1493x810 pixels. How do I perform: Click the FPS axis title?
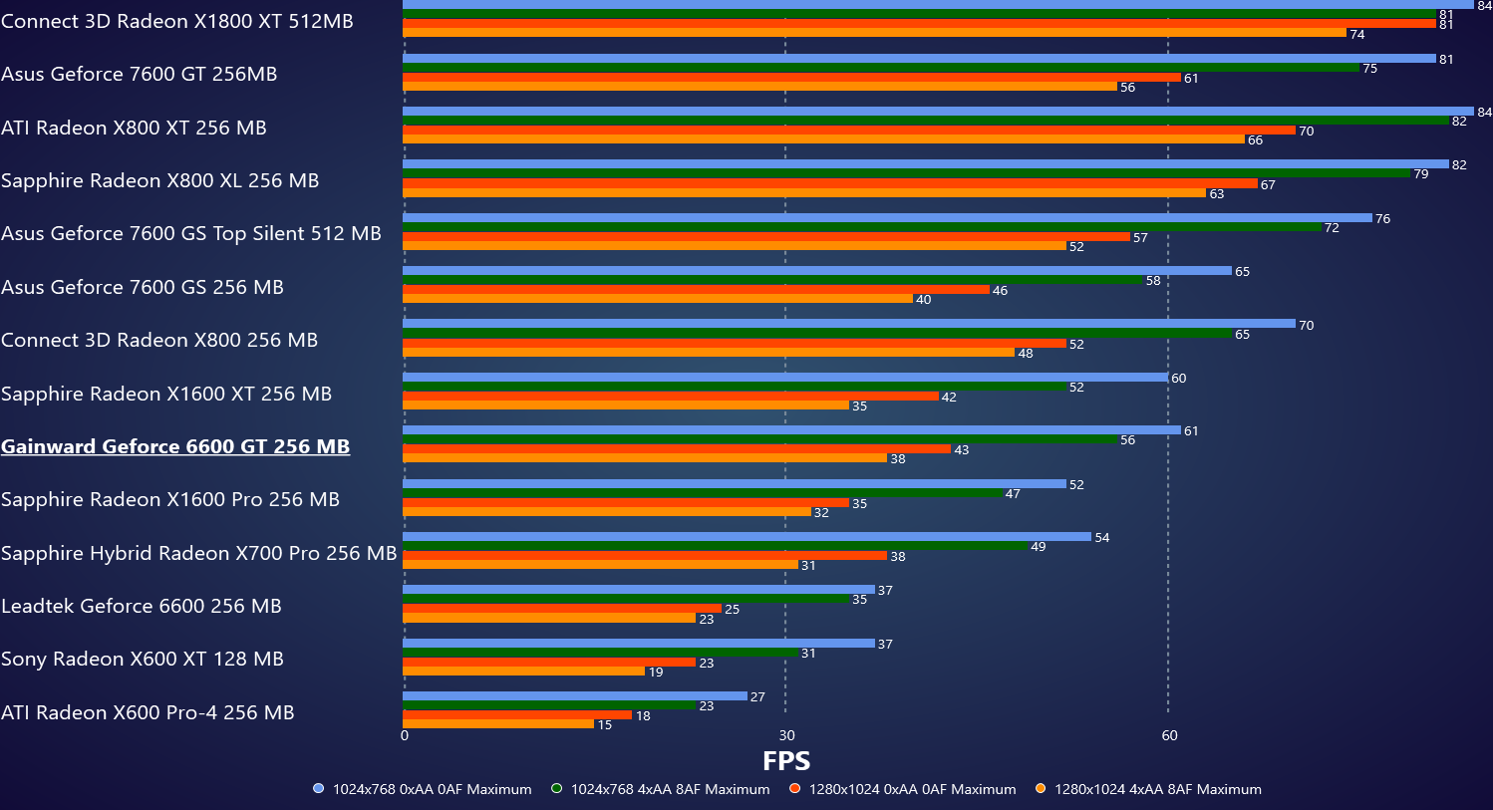(x=785, y=761)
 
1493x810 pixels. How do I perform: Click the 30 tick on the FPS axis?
(x=786, y=736)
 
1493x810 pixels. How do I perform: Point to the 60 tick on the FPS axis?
(x=1169, y=736)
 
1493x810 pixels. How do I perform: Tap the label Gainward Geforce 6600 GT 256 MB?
(x=175, y=446)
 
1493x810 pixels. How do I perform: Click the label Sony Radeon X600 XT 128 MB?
(x=143, y=659)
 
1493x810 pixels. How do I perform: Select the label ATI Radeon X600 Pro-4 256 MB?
(x=148, y=712)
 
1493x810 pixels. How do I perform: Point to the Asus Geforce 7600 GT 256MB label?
(x=140, y=74)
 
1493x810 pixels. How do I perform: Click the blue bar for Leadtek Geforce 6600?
(x=638, y=590)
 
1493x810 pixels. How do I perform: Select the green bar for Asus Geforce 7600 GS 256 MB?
(x=772, y=280)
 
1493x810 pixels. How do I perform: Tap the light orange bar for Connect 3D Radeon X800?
(x=709, y=353)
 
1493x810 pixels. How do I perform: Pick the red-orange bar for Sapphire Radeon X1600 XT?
(x=670, y=397)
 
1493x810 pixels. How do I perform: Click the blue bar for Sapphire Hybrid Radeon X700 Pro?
(x=746, y=537)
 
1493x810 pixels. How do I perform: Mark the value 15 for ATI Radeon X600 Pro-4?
(x=604, y=725)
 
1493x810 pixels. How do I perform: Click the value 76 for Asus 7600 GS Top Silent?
(x=1382, y=219)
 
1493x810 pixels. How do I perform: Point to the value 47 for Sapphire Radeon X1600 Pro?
(x=1013, y=494)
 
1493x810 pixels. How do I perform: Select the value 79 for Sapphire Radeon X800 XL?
(x=1420, y=174)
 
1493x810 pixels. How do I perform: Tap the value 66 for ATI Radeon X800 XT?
(x=1255, y=140)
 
